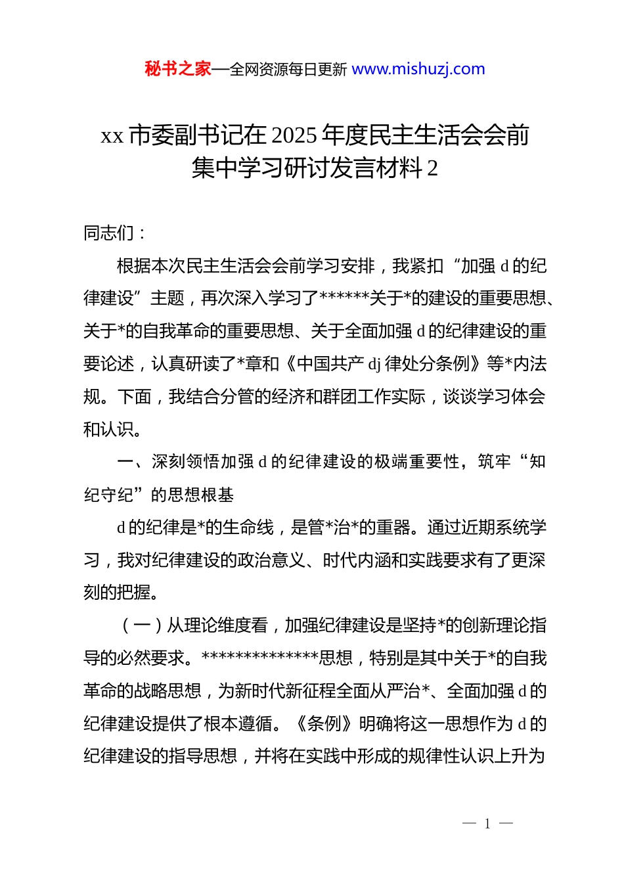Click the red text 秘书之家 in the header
click(x=178, y=69)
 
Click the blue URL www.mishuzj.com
click(x=418, y=69)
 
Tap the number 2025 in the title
click(x=294, y=136)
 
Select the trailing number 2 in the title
click(x=432, y=169)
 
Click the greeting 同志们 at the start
click(x=108, y=233)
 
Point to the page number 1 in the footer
click(x=487, y=824)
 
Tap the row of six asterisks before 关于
click(x=344, y=299)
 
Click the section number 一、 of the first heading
click(x=133, y=463)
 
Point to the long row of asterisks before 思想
click(x=260, y=658)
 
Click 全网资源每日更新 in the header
click(x=289, y=70)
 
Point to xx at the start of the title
click(x=112, y=136)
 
